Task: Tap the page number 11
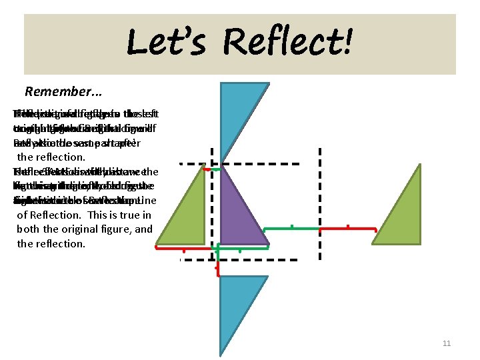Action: tap(447, 343)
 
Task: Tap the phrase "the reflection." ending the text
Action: tap(51, 243)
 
